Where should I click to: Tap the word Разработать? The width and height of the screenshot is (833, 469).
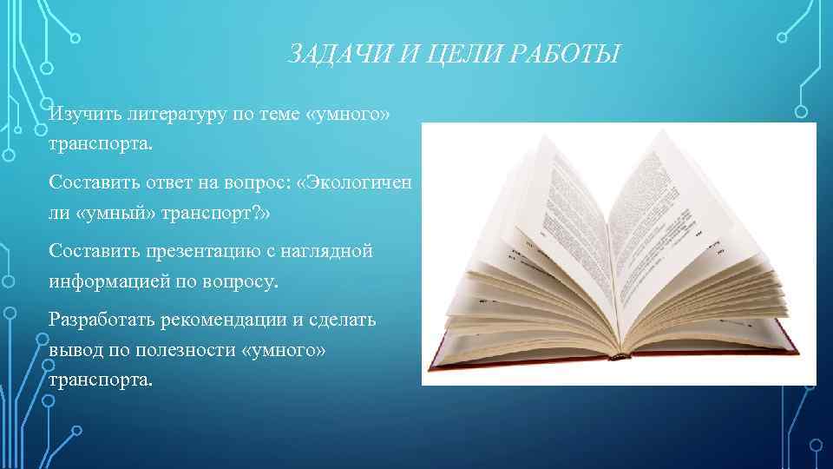click(101, 319)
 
